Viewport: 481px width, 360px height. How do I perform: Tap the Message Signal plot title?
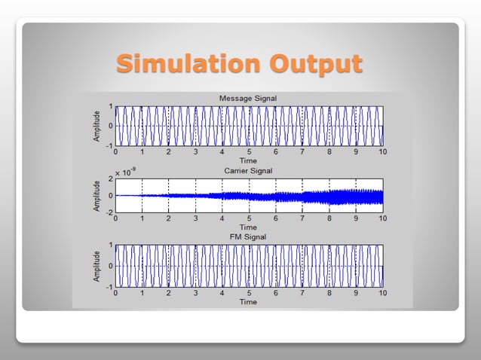pyautogui.click(x=247, y=99)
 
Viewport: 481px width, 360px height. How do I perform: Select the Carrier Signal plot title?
pyautogui.click(x=248, y=171)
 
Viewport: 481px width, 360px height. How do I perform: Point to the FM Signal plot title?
pyautogui.click(x=248, y=237)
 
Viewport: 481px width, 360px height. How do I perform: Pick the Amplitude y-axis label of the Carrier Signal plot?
pyautogui.click(x=97, y=195)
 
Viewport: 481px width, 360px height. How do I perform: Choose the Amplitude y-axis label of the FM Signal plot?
pyautogui.click(x=97, y=266)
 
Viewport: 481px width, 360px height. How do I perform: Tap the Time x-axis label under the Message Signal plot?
pyautogui.click(x=248, y=160)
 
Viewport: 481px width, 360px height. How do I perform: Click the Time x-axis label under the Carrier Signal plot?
pyautogui.click(x=248, y=227)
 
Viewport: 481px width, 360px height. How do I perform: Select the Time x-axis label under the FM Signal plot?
pyautogui.click(x=248, y=301)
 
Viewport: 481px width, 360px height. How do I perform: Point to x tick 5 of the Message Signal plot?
pyautogui.click(x=249, y=152)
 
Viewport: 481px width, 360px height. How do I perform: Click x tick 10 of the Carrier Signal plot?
pyautogui.click(x=382, y=219)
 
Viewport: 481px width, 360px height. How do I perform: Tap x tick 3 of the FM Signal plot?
pyautogui.click(x=195, y=294)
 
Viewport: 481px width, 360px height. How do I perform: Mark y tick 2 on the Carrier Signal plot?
pyautogui.click(x=110, y=178)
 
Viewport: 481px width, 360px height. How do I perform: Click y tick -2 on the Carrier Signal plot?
pyautogui.click(x=109, y=212)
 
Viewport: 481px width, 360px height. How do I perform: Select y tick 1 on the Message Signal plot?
pyautogui.click(x=110, y=106)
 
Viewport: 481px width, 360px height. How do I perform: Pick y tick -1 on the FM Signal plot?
pyautogui.click(x=109, y=287)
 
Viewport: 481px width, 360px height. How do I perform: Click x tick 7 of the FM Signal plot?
pyautogui.click(x=302, y=294)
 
